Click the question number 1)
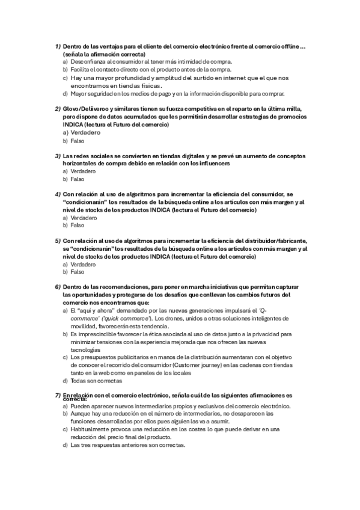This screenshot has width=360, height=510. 57,46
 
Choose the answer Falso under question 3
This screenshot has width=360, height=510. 78,179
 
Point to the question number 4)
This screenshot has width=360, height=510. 57,195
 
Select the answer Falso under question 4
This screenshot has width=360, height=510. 78,226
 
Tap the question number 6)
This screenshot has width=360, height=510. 57,287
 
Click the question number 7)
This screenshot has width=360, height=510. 57,395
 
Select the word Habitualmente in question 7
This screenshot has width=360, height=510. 93,430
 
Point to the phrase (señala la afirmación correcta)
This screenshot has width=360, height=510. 103,54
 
